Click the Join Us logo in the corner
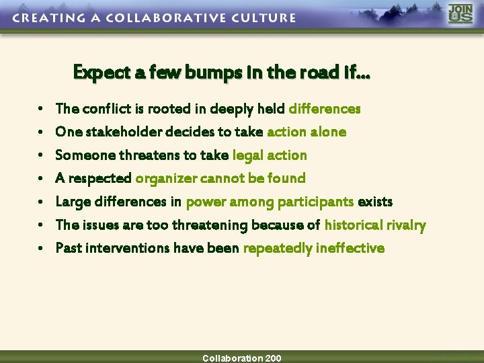(460, 15)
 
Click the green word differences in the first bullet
(325, 108)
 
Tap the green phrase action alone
(307, 132)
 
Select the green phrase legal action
(270, 155)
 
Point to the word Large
(71, 202)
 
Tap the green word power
(206, 202)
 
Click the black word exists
(375, 202)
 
